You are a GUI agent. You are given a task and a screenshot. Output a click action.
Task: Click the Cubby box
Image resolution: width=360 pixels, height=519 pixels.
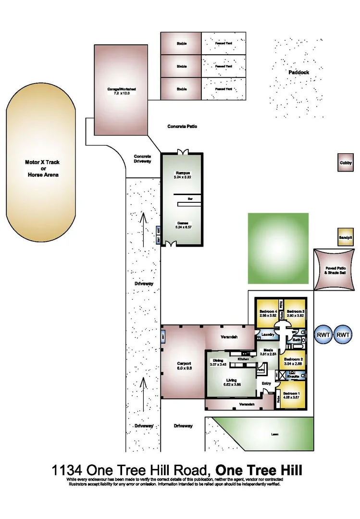point(346,163)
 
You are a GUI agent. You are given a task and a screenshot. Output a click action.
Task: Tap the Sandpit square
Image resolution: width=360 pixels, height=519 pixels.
point(346,237)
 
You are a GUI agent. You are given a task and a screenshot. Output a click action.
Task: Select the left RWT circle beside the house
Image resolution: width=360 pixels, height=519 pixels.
point(323,334)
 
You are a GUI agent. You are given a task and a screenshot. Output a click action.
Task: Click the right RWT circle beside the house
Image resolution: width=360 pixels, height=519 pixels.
point(343,334)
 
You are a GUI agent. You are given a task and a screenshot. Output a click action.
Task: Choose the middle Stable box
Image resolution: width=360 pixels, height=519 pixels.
point(181,66)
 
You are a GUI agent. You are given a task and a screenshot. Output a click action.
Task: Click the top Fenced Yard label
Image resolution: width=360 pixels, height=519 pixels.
point(223,44)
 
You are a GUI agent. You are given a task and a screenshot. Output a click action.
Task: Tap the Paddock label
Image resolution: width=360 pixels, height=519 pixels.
point(299,73)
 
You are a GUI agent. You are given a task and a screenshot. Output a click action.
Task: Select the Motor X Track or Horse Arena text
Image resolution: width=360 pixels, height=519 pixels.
point(42,169)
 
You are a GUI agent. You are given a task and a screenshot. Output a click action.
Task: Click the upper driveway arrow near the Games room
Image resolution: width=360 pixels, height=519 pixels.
point(143,222)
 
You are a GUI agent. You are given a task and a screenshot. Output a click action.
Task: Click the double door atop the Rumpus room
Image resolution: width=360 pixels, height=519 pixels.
point(181,152)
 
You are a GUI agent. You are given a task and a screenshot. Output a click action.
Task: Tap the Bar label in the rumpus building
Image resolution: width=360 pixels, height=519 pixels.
point(190,198)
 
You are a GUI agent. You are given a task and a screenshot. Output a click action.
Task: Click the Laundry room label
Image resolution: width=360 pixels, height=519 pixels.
point(268,334)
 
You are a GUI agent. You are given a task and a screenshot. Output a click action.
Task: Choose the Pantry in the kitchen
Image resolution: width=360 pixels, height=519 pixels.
point(261,370)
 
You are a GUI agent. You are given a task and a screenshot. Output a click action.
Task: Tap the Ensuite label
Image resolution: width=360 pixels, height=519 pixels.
point(294,376)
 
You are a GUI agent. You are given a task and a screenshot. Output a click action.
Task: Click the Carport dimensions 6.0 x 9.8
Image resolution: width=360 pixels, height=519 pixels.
point(184,369)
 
